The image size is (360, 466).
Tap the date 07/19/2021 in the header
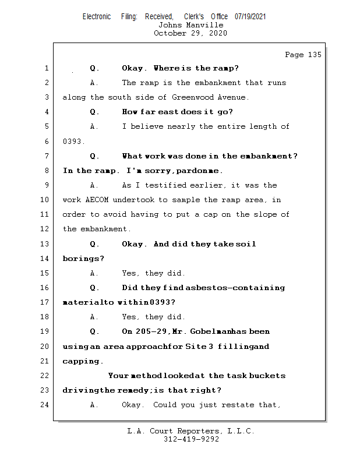click(250, 17)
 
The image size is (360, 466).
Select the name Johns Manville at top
click(190, 25)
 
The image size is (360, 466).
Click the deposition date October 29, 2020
click(190, 33)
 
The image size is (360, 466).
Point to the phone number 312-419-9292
click(190, 439)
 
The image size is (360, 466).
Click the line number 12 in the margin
click(46, 229)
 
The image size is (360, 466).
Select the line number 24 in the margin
click(46, 404)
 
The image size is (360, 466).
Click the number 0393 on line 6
click(73, 141)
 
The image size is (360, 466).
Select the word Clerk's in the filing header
click(193, 17)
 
